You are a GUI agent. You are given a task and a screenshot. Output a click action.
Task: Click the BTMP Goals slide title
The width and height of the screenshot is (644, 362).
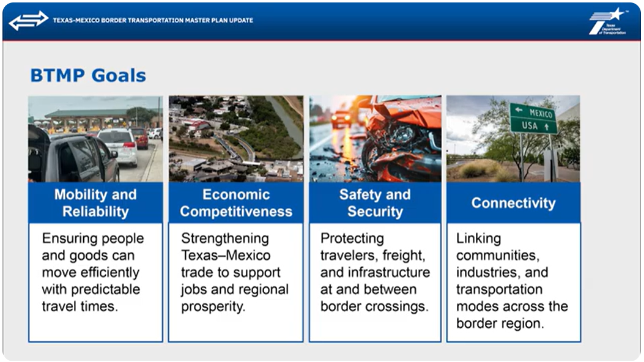88,76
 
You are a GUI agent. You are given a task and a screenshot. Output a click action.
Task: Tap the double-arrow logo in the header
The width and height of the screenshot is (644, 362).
29,21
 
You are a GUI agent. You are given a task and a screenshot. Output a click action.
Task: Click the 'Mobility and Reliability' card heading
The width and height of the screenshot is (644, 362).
95,203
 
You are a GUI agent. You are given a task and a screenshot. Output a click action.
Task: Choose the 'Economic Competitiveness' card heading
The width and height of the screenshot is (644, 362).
236,203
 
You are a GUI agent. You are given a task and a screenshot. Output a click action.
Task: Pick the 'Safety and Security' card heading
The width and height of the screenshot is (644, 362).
375,203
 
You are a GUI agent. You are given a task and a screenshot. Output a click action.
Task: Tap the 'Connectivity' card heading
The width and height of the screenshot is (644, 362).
513,203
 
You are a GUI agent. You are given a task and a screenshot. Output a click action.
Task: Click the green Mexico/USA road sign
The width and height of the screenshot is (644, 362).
533,118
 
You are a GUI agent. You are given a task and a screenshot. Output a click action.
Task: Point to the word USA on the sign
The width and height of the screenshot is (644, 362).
530,125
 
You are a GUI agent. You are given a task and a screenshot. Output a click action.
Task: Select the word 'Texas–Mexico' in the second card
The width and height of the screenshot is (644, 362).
226,255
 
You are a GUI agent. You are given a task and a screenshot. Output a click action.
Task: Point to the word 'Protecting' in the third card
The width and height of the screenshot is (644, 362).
352,238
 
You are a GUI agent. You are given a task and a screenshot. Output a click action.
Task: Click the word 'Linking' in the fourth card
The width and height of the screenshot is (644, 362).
478,238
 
